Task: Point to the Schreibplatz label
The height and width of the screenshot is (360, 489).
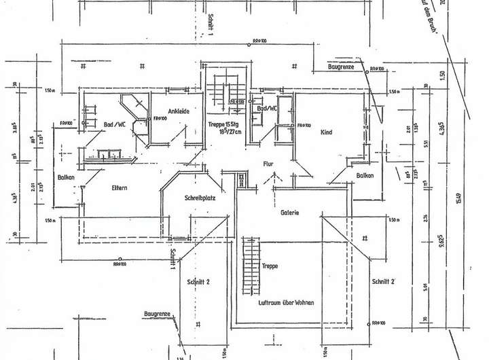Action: (200, 198)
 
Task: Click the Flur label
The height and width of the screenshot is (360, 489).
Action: (269, 163)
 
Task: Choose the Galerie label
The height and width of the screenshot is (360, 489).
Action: (291, 213)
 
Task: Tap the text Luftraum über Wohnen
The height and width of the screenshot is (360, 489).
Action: (286, 301)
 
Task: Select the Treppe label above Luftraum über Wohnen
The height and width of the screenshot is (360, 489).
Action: (269, 267)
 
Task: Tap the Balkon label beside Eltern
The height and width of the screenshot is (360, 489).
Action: (66, 178)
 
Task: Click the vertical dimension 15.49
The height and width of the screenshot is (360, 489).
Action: (459, 198)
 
